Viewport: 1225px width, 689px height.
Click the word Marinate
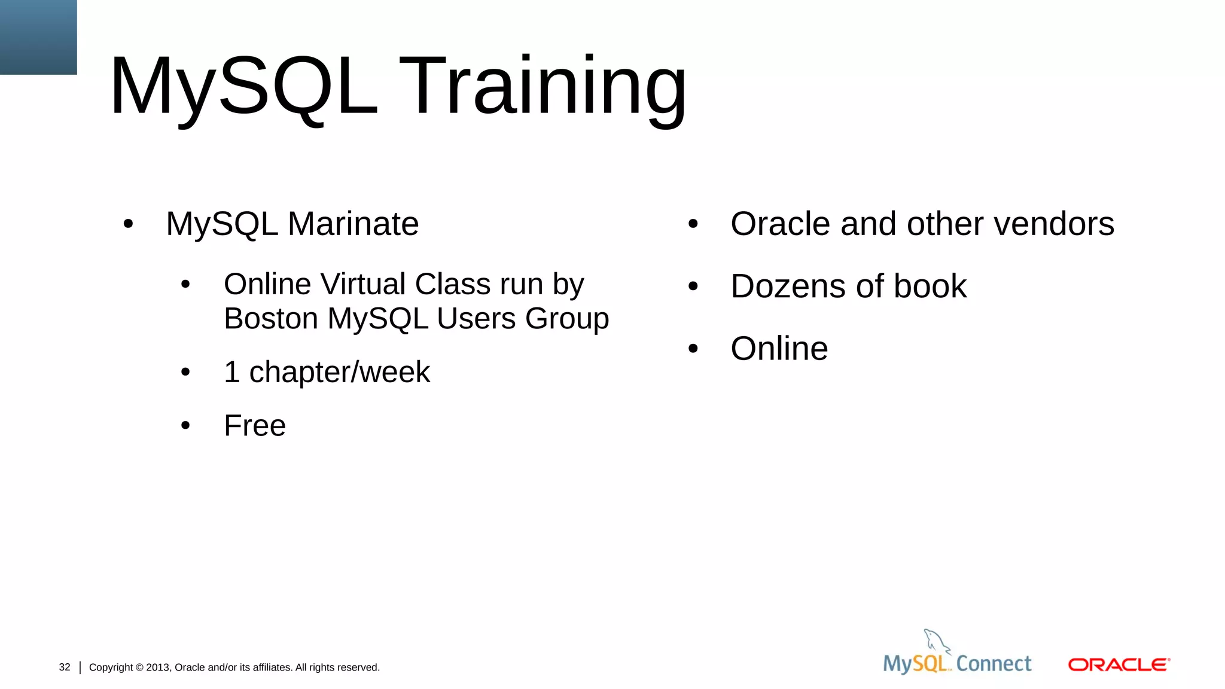pos(353,224)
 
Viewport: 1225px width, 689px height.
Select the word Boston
pos(271,318)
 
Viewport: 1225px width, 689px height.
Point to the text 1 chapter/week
pos(327,372)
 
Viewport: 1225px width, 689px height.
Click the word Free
pos(255,426)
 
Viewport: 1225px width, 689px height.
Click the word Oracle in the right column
pos(780,224)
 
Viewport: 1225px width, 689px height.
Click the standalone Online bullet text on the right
pos(779,349)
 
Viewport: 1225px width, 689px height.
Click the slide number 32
pos(65,667)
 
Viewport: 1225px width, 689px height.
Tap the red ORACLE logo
pos(1119,664)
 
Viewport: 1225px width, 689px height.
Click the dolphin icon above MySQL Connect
pos(935,642)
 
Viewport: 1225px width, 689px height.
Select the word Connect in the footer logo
pos(994,664)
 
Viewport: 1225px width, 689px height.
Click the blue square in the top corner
pos(38,37)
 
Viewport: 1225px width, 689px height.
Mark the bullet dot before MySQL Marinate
pos(128,225)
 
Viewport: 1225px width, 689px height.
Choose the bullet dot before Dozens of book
pos(693,286)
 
